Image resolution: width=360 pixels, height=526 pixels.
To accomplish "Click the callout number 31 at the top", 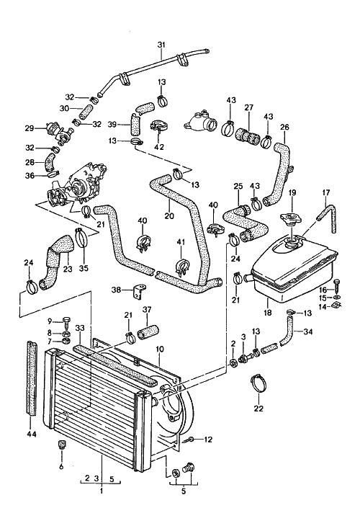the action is click(x=161, y=44).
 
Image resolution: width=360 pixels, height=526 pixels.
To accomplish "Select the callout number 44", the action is click(x=32, y=434).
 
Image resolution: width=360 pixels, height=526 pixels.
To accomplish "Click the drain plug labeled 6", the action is click(x=61, y=444).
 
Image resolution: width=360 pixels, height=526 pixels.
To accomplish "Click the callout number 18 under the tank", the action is click(x=268, y=313).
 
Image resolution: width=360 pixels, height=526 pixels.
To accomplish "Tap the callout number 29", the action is click(x=30, y=128).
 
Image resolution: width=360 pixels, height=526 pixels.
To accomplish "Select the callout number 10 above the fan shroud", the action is click(x=160, y=349).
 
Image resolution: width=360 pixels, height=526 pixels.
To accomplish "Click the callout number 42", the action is click(x=160, y=146).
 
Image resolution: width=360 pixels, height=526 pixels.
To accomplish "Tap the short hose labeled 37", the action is click(x=147, y=331).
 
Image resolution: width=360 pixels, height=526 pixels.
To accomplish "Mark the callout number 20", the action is click(x=169, y=215).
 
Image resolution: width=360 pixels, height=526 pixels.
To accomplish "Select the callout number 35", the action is click(x=84, y=268).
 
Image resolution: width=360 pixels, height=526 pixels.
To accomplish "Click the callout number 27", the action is click(x=249, y=107).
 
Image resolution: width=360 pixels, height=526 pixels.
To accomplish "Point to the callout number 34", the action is click(x=308, y=331).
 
